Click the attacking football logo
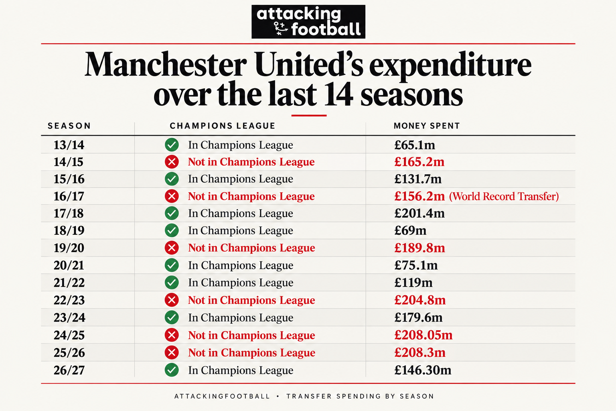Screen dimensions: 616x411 click(x=308, y=22)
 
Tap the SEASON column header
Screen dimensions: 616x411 click(x=69, y=126)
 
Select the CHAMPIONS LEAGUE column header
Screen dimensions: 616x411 click(x=223, y=126)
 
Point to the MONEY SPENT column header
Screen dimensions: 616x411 click(x=427, y=126)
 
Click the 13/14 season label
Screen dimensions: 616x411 click(x=69, y=145)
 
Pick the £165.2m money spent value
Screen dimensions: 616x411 click(x=419, y=162)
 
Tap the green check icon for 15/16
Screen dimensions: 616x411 click(x=172, y=179)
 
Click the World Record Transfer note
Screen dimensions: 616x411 click(x=504, y=196)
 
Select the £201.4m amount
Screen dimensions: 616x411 click(x=419, y=214)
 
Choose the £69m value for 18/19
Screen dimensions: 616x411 click(x=410, y=230)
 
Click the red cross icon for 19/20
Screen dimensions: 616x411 click(x=172, y=248)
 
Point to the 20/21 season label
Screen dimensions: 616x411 click(x=69, y=265)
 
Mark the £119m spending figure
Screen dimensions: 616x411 click(x=413, y=283)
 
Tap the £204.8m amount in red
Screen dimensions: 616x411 click(x=420, y=300)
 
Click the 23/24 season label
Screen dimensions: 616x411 click(x=69, y=317)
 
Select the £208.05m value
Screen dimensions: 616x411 click(x=423, y=335)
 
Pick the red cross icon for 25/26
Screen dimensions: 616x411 click(x=172, y=353)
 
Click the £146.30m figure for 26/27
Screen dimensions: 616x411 click(x=423, y=370)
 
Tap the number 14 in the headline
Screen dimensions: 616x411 click(x=338, y=94)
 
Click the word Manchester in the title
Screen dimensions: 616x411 click(x=166, y=65)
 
